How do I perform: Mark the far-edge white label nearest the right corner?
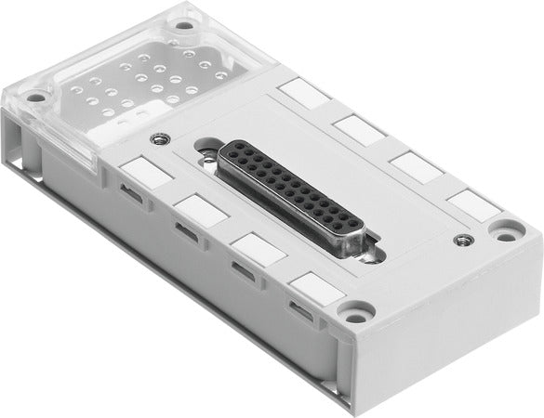tap(471, 204)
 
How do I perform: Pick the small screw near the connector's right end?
tap(458, 242)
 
